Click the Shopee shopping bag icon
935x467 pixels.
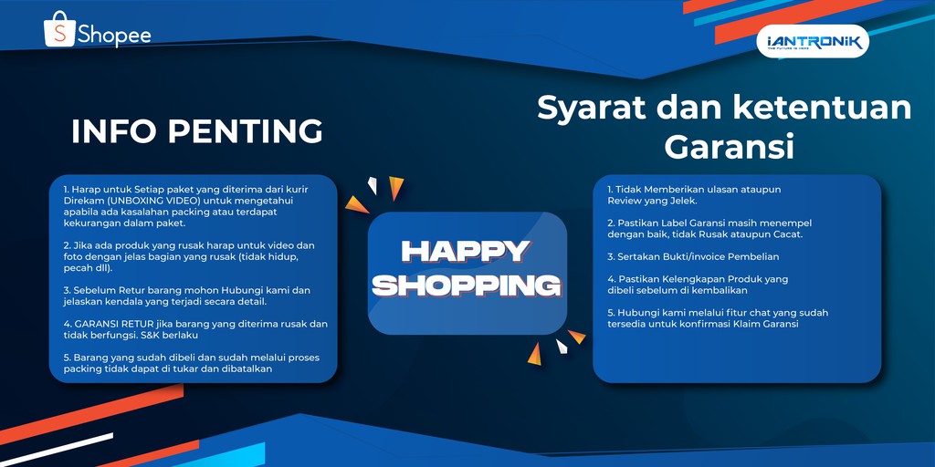59,30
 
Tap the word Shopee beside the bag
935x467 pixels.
114,36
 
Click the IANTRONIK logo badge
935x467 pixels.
813,42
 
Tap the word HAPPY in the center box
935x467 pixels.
466,251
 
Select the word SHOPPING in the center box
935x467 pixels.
467,285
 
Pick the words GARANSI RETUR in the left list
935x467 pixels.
110,324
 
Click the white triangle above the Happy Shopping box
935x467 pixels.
372,186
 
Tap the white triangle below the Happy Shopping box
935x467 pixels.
562,347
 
